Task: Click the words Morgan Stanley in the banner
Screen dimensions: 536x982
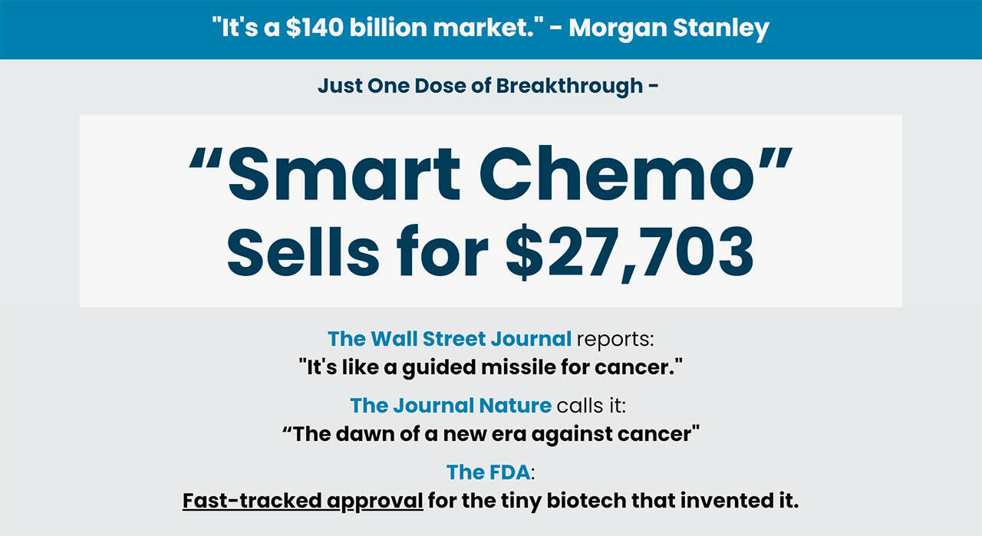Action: [668, 28]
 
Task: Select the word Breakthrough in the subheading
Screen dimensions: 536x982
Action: [569, 86]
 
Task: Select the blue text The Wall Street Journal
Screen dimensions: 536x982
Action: [450, 338]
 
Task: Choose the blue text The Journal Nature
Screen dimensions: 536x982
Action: [450, 405]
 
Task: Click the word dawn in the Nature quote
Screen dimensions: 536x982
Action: [362, 434]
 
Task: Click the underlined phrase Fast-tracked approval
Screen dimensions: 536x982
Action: [302, 501]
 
